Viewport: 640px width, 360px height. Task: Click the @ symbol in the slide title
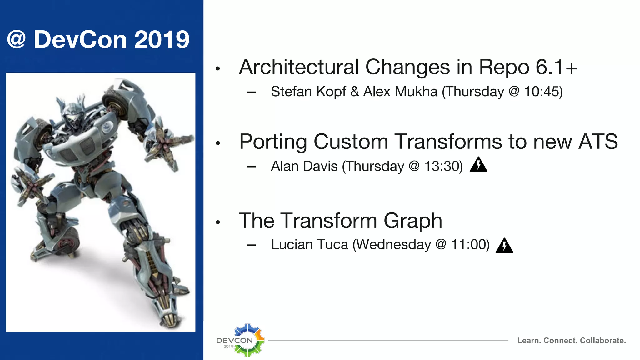tap(16, 40)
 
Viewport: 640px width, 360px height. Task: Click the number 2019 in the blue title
tap(162, 40)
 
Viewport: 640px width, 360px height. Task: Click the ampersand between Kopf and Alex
tap(354, 92)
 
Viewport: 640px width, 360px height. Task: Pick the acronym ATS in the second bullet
tap(598, 142)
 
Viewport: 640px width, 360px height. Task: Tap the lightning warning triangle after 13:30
tap(478, 165)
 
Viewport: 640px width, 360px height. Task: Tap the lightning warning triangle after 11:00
tap(504, 246)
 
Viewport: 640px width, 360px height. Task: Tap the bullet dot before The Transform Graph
tap(218, 222)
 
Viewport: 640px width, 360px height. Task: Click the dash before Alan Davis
tap(251, 167)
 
